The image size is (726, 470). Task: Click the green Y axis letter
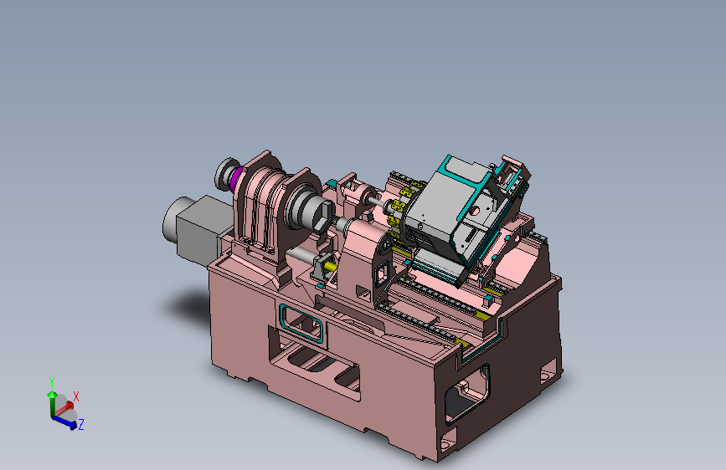coord(52,382)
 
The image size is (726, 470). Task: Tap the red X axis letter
coord(76,396)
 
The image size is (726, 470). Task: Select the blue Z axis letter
coord(81,424)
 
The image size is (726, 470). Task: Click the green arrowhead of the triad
coord(52,395)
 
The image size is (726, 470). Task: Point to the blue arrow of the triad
coord(64,421)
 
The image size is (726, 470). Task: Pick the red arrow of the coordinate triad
coord(64,407)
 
